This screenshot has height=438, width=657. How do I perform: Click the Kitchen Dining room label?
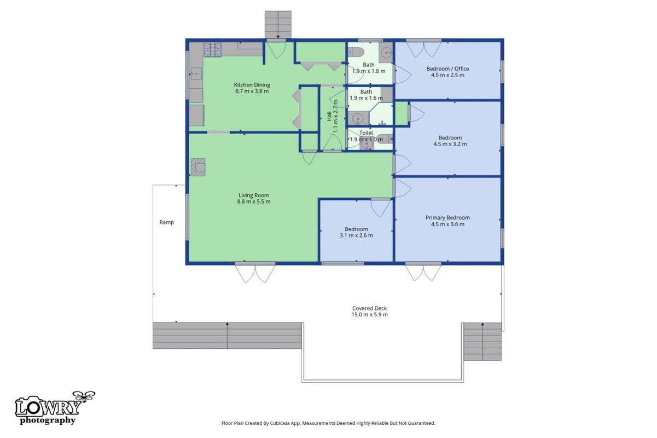click(252, 85)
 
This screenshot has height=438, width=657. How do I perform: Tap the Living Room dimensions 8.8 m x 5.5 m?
click(254, 201)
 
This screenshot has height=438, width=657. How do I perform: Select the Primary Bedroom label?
click(447, 217)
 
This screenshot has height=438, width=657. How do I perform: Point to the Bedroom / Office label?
click(447, 68)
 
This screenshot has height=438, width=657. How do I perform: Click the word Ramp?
click(167, 222)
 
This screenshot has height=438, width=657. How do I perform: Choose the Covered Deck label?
click(370, 308)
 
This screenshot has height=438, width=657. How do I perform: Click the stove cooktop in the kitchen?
click(213, 49)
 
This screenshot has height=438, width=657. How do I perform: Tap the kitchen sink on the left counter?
click(196, 73)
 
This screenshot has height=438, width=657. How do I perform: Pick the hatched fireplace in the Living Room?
click(198, 167)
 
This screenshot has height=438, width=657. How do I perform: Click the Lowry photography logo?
click(55, 408)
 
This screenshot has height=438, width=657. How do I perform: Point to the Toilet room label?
click(367, 133)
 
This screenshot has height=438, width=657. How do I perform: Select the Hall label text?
click(329, 116)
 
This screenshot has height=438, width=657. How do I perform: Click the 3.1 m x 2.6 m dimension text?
click(356, 235)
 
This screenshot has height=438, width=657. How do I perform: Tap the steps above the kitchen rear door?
click(278, 25)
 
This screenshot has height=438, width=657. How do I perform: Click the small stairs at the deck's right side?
click(482, 342)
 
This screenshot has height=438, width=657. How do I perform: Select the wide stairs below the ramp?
click(228, 336)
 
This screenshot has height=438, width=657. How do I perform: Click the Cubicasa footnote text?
click(328, 423)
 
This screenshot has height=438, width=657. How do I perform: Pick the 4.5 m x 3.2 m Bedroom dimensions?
click(450, 144)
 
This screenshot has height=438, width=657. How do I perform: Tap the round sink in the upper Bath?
click(386, 53)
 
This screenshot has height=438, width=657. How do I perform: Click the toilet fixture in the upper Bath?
click(356, 52)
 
